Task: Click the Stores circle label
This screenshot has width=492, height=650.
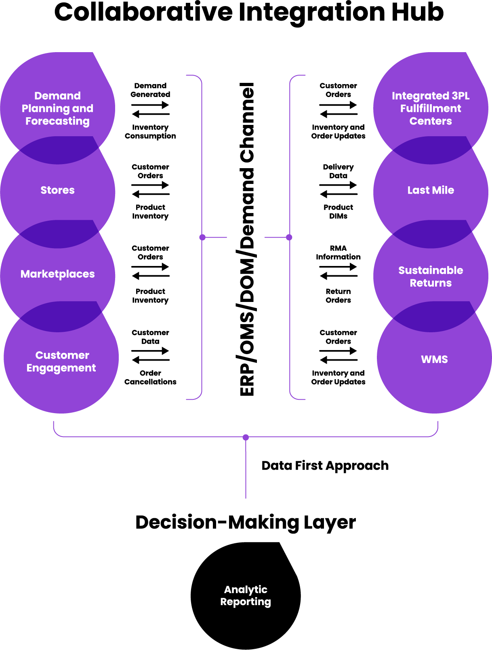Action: pos(57,190)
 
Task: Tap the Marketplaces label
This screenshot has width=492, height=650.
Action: pos(57,274)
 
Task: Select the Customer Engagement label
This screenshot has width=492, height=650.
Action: pos(61,361)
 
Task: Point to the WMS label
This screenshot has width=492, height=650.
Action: pos(434,359)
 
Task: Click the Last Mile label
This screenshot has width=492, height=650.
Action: pos(431,190)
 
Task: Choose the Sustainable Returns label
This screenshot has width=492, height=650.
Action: pos(431,276)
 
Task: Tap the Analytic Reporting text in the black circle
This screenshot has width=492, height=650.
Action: pos(246,595)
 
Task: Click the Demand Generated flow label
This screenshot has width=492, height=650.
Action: pos(150,90)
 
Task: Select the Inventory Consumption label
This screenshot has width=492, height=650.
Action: pos(150,132)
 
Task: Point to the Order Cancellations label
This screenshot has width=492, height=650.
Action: pos(150,378)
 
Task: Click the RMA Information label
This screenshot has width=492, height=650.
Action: pos(338,253)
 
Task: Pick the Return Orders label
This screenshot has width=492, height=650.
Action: pos(338,296)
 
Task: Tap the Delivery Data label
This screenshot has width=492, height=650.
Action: pos(338,171)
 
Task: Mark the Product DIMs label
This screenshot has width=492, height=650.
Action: pos(338,212)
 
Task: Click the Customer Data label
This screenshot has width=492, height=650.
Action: pos(150,337)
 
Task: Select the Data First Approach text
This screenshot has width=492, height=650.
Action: pos(325,466)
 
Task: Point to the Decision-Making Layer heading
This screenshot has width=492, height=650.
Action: pos(246,522)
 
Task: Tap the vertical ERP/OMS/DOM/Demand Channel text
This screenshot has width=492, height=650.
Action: pos(247,239)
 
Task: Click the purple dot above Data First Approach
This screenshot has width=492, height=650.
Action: pos(246,437)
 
